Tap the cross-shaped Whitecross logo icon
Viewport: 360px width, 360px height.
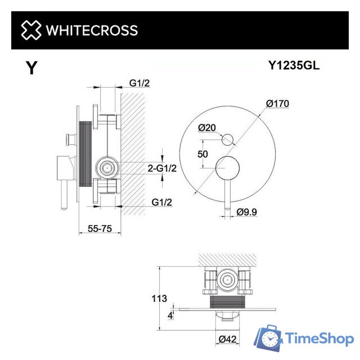(31, 30)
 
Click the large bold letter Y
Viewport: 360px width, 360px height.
(32, 69)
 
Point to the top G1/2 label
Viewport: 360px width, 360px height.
(139, 83)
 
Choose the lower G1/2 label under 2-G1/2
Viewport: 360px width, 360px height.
(162, 201)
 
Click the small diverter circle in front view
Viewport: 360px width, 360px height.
(229, 138)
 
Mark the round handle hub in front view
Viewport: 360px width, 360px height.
(229, 166)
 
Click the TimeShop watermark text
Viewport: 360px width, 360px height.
(318, 339)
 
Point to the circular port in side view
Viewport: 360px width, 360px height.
(107, 167)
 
